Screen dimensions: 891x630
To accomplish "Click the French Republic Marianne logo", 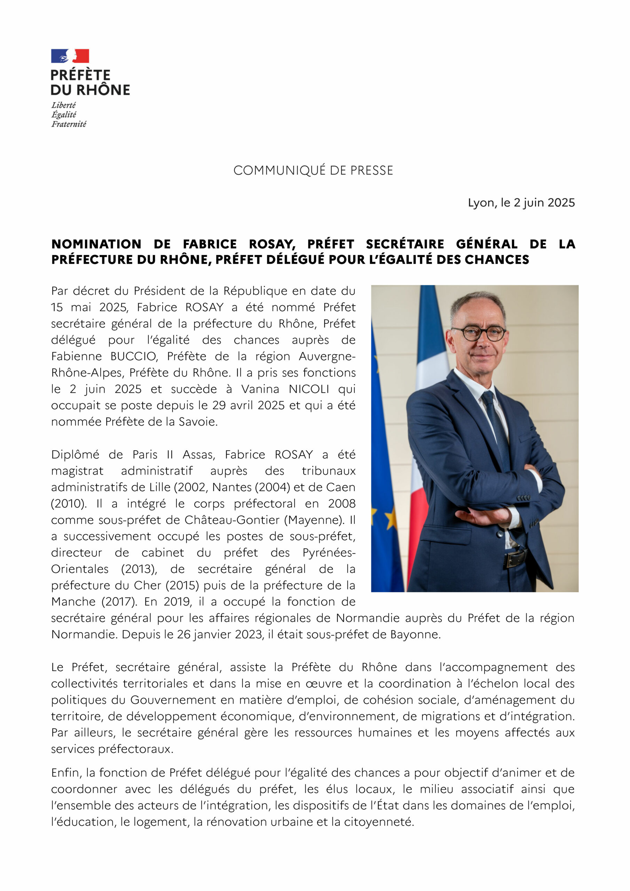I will tap(70, 56).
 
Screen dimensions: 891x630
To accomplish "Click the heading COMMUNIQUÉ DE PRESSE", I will tap(313, 170).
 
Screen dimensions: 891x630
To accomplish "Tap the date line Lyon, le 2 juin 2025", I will tap(521, 203).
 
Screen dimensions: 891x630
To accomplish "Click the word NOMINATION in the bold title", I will tap(96, 244).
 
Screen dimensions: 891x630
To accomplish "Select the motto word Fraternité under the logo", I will tap(69, 124).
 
